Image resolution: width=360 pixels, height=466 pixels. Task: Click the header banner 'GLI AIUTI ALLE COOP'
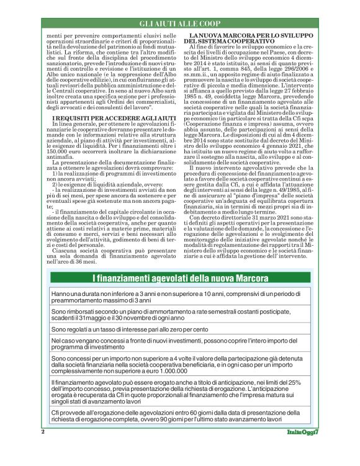tap(180, 24)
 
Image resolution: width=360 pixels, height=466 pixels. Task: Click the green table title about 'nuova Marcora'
tap(179, 276)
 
